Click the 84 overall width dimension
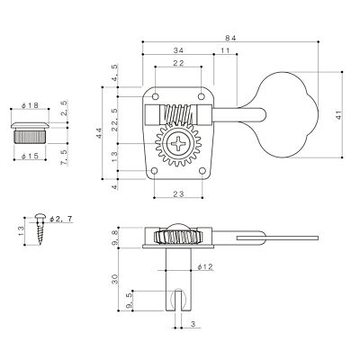click(x=231, y=38)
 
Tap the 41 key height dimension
click(x=339, y=115)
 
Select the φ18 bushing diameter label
click(x=30, y=105)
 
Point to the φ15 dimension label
click(x=30, y=157)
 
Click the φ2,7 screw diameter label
click(x=61, y=219)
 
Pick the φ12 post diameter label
click(x=205, y=266)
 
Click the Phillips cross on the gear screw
click(x=178, y=143)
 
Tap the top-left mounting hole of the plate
click(x=155, y=96)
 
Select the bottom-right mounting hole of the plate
click(x=202, y=171)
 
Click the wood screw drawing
click(x=40, y=229)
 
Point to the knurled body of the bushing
click(x=30, y=136)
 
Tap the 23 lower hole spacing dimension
click(x=178, y=193)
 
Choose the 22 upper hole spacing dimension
click(x=178, y=63)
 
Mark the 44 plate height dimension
click(x=99, y=133)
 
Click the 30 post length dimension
click(x=115, y=279)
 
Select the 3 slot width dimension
click(x=193, y=324)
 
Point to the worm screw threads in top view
click(x=177, y=114)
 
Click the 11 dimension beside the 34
click(x=225, y=50)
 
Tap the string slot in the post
click(x=178, y=301)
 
